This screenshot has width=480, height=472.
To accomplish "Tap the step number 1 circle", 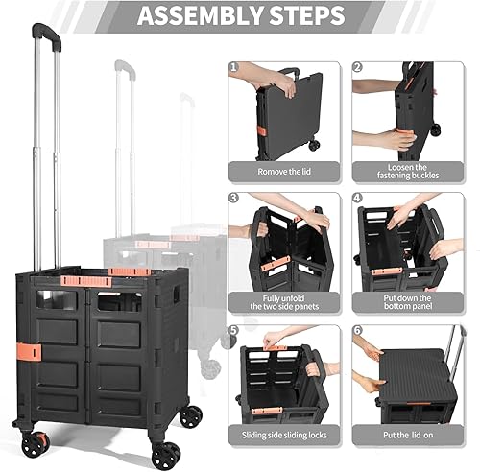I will coord(234,69).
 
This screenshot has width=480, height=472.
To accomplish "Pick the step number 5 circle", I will coord(234,330).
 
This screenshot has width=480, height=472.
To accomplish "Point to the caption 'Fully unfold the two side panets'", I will coord(285,301).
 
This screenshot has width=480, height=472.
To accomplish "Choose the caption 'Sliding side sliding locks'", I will coord(285,435).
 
